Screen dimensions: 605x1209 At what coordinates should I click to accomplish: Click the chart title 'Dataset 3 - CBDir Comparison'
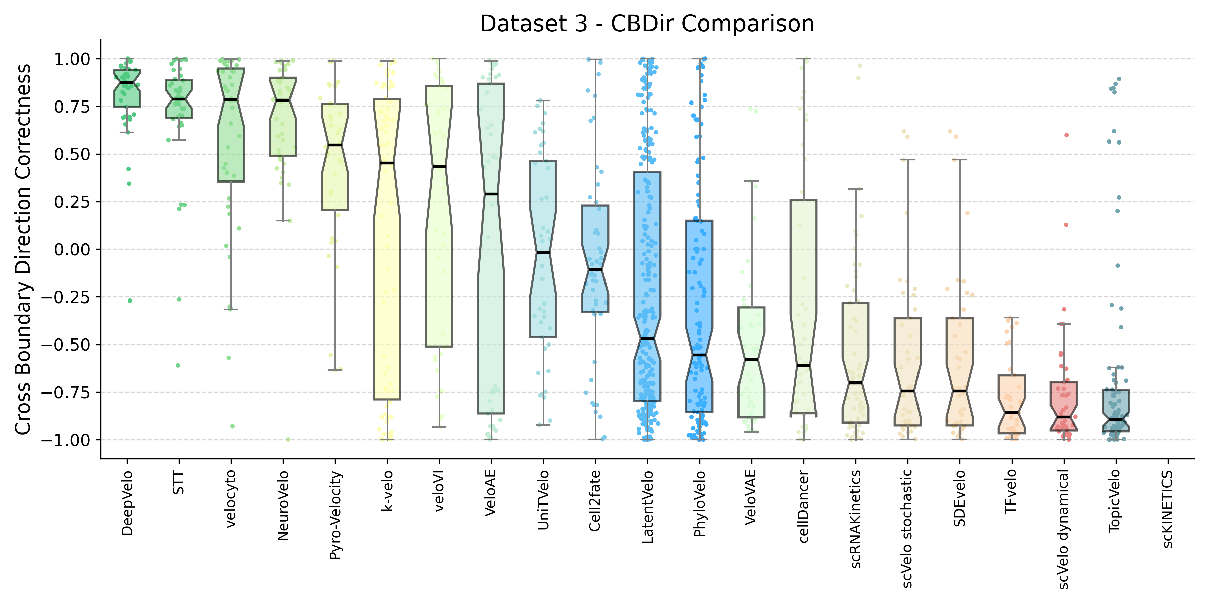pos(647,24)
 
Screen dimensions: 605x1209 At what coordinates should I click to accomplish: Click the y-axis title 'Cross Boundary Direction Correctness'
pos(23,249)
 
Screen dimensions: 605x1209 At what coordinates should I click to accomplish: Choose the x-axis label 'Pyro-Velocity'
pos(335,515)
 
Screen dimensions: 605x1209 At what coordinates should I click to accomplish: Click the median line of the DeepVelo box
pos(127,83)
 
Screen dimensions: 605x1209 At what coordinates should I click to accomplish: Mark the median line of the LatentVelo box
pos(647,338)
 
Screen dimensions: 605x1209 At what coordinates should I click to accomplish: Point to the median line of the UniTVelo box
pos(543,253)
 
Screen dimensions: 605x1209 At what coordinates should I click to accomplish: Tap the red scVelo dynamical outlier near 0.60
pos(1066,135)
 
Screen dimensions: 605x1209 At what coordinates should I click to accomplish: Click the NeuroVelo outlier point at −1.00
pos(288,440)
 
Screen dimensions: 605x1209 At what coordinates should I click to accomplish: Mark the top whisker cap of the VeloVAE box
pos(751,181)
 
